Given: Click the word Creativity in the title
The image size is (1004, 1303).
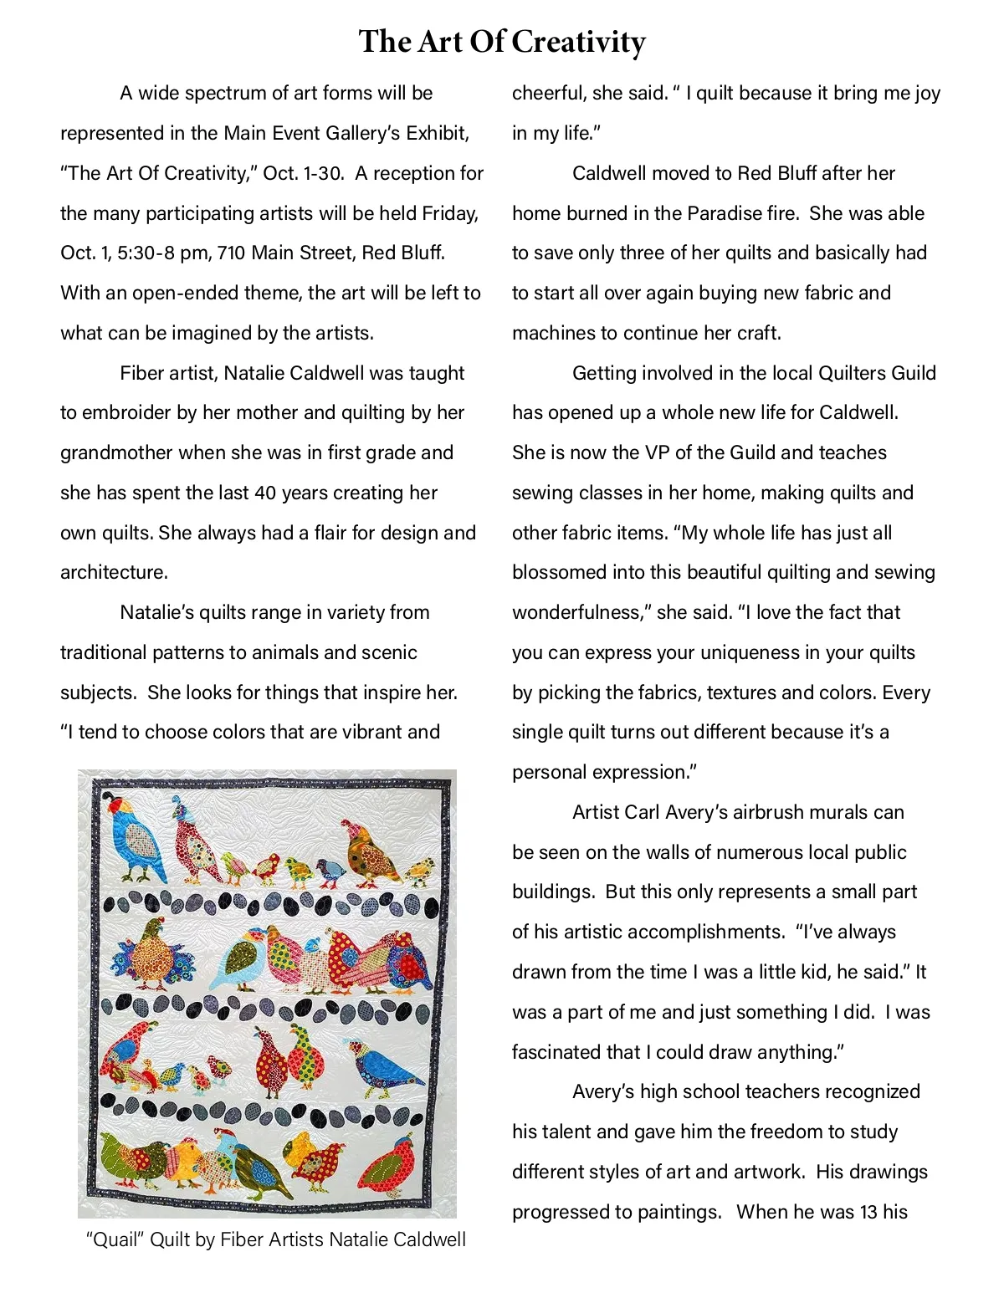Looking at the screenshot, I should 578,42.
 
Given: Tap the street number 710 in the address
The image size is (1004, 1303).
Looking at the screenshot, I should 231,253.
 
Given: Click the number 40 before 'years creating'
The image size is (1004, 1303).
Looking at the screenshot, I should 265,493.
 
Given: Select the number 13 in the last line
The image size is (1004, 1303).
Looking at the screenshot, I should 847,1212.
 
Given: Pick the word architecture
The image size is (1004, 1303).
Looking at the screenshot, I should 114,572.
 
